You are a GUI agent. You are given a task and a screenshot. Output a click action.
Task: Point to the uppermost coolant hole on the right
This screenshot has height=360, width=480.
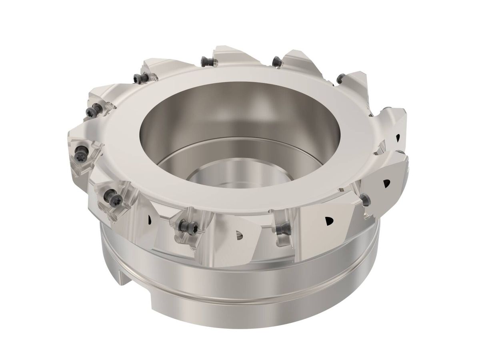click(x=397, y=138)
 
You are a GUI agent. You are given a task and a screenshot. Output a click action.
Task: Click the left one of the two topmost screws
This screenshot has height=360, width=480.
click(x=204, y=61)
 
